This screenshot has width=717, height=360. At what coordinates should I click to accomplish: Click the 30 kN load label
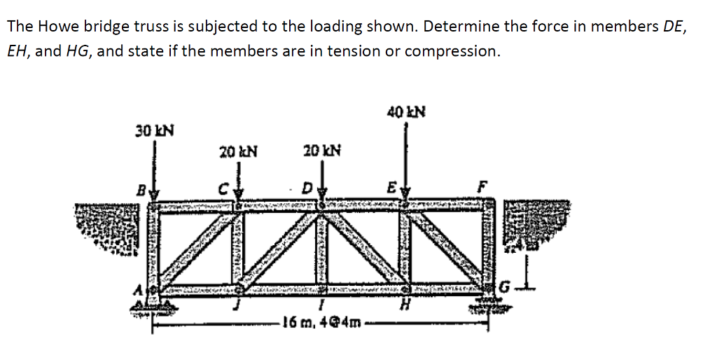point(155,130)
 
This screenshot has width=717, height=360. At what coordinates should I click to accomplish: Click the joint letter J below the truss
point(239,306)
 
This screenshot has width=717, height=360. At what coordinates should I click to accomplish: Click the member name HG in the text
point(78,51)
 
